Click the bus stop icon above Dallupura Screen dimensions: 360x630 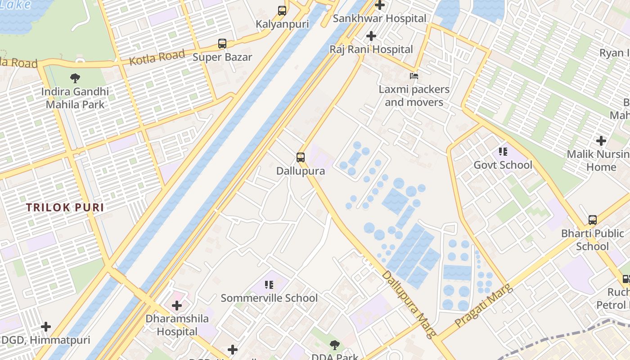click(301, 157)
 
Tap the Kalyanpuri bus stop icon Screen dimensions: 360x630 click(282, 11)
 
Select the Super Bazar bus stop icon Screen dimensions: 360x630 click(222, 44)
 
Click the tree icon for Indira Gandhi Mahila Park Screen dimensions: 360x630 click(75, 78)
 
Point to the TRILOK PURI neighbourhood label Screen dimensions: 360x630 click(65, 207)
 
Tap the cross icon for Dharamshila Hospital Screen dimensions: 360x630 click(177, 306)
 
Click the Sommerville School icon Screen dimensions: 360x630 click(269, 284)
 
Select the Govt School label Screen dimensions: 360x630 click(503, 165)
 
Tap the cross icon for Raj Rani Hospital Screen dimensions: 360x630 click(371, 36)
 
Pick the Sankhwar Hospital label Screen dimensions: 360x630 click(379, 19)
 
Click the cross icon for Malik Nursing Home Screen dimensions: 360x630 click(601, 141)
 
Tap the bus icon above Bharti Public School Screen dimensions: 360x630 click(593, 220)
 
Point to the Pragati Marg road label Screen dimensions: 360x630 click(484, 306)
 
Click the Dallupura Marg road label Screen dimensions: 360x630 click(409, 304)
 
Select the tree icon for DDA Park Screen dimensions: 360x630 click(334, 345)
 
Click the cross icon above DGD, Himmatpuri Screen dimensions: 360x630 click(46, 327)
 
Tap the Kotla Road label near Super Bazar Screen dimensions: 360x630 click(157, 57)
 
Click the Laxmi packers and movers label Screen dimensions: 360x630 click(414, 96)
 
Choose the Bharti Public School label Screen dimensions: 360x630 click(592, 240)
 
